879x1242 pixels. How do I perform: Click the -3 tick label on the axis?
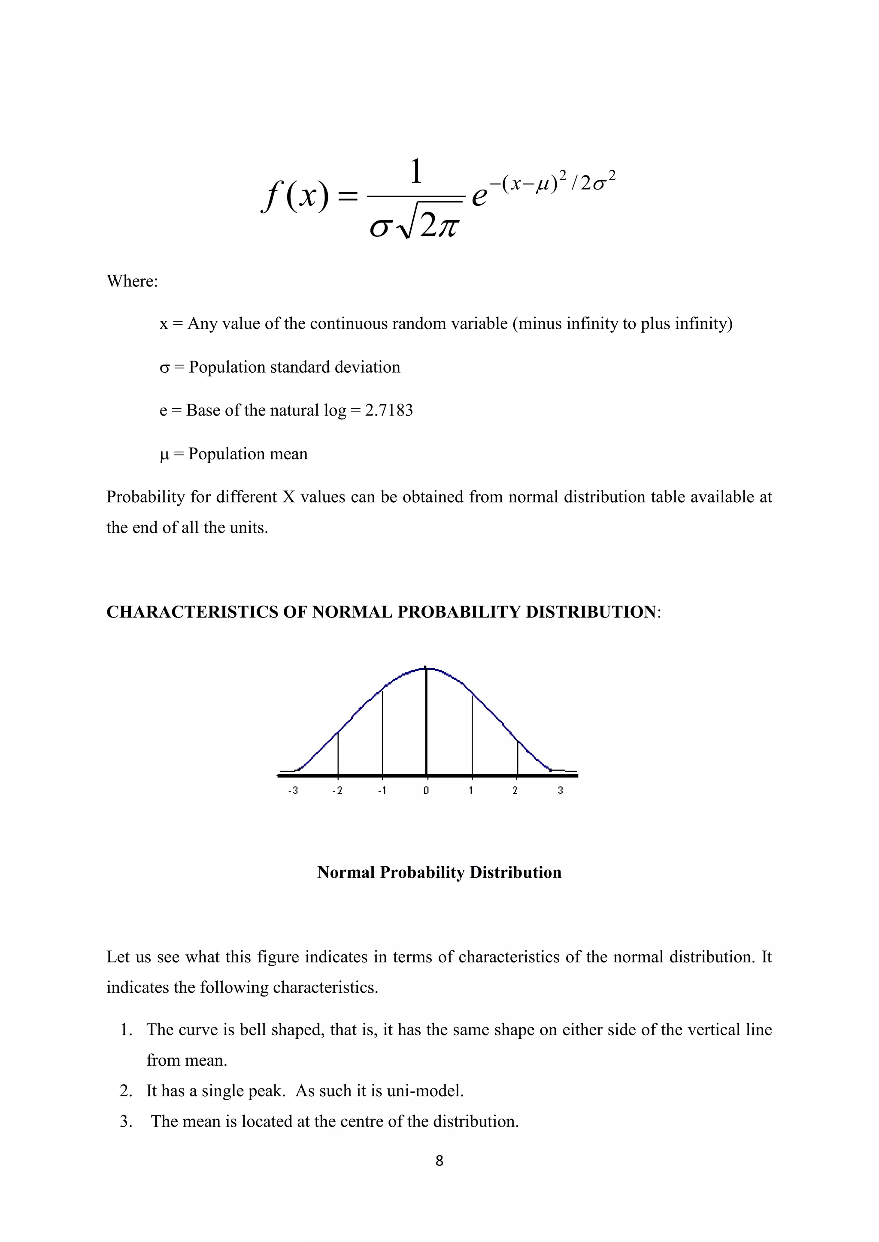(x=293, y=790)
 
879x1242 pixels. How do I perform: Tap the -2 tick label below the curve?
(x=337, y=790)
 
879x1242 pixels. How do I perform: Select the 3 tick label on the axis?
(x=560, y=790)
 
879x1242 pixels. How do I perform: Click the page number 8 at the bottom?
(x=439, y=1161)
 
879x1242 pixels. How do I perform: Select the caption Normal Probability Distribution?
(x=439, y=872)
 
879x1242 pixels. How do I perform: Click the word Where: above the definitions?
(x=132, y=281)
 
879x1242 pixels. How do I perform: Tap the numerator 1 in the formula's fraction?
(x=416, y=172)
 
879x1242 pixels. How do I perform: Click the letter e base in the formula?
(x=479, y=196)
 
